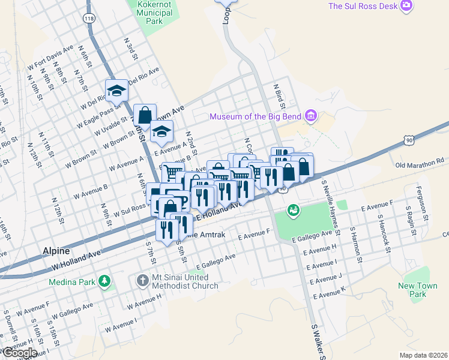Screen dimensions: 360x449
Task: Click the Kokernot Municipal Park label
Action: (154, 12)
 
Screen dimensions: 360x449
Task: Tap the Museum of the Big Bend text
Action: (255, 116)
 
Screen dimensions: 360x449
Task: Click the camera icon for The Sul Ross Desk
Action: (408, 6)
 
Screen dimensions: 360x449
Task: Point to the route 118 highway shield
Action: (89, 18)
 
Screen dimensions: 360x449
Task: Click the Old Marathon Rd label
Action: (420, 161)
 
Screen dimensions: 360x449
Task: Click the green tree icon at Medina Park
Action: (105, 281)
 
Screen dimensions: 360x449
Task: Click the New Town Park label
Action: (418, 290)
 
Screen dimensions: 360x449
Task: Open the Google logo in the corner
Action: (19, 353)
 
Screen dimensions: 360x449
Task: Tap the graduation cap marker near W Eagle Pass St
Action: (116, 91)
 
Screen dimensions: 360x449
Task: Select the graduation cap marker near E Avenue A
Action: (161, 132)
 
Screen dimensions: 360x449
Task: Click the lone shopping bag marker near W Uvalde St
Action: (145, 115)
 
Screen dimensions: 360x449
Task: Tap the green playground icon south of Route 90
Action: (294, 210)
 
